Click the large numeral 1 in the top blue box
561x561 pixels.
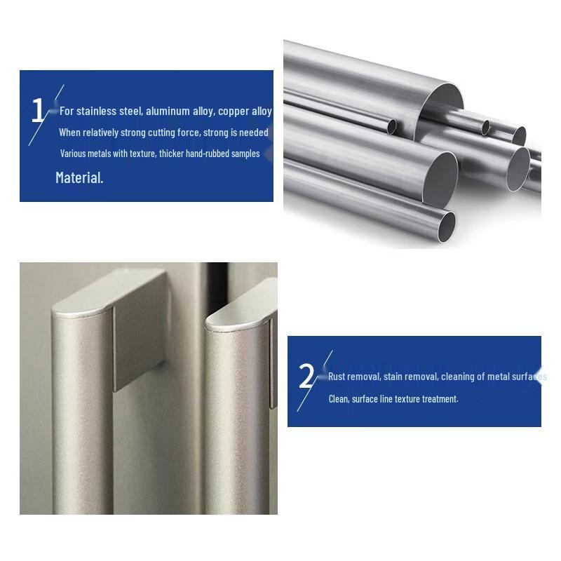(x=38, y=110)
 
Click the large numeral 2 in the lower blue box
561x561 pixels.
(x=306, y=376)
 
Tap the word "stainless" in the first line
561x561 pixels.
(x=97, y=111)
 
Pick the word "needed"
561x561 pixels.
(x=254, y=133)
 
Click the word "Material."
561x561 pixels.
(x=79, y=178)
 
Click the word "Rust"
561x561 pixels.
(x=337, y=377)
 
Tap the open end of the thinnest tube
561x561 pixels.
(x=392, y=126)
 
